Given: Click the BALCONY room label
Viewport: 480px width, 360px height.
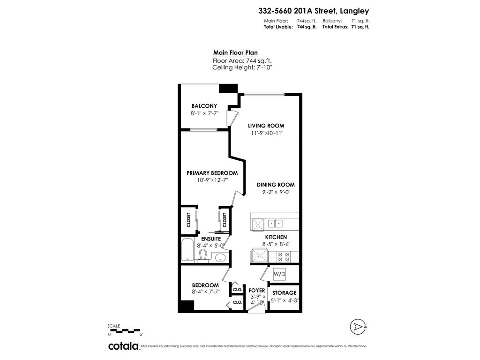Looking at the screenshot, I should pyautogui.click(x=204, y=106).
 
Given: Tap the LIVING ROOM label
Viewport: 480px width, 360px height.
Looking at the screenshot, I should pyautogui.click(x=266, y=126).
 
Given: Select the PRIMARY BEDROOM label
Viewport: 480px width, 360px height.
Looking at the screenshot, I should pyautogui.click(x=212, y=173).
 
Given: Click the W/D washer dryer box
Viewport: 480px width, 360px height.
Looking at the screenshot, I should pyautogui.click(x=279, y=274).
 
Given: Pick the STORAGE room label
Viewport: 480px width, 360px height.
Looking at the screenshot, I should pyautogui.click(x=285, y=293).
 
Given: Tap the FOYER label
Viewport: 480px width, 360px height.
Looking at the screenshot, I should pyautogui.click(x=257, y=291).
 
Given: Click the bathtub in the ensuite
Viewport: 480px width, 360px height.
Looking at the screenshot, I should pyautogui.click(x=187, y=250).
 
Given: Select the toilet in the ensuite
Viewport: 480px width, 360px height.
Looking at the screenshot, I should pyautogui.click(x=203, y=255).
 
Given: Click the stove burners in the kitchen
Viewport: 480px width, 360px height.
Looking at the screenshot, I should pyautogui.click(x=284, y=256).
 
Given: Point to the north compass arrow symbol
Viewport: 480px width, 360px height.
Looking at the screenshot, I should pyautogui.click(x=358, y=326).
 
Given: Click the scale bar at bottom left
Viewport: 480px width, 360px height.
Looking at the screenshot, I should pyautogui.click(x=125, y=330).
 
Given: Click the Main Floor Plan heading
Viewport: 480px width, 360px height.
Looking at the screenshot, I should pyautogui.click(x=235, y=53).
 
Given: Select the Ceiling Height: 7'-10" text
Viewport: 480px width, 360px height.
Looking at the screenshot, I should pyautogui.click(x=242, y=67).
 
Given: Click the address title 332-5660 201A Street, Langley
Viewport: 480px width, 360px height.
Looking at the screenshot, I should pyautogui.click(x=313, y=10).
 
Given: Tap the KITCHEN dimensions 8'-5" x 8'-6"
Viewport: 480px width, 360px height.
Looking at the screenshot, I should pyautogui.click(x=276, y=244).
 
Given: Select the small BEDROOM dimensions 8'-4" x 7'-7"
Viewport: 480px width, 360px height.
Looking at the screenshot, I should pyautogui.click(x=205, y=292).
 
